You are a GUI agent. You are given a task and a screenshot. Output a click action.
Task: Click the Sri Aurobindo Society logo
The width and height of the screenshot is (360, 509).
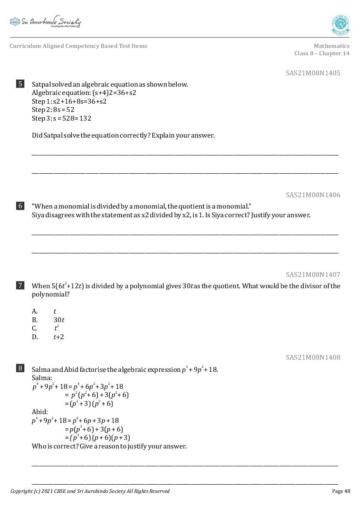click(45, 22)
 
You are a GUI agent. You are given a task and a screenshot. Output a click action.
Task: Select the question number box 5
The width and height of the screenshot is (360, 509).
click(20, 84)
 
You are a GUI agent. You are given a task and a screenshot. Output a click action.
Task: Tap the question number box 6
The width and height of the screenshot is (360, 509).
click(20, 206)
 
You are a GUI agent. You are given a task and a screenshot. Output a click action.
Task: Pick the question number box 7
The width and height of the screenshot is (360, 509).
click(20, 286)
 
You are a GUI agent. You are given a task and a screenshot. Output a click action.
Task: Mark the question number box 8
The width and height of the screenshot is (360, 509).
click(20, 369)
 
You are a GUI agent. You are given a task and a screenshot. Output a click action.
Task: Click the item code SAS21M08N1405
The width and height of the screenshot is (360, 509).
click(313, 73)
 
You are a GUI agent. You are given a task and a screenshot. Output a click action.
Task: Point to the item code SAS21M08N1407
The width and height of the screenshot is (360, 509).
click(313, 274)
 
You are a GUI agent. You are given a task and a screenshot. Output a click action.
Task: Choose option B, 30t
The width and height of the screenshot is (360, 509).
click(59, 320)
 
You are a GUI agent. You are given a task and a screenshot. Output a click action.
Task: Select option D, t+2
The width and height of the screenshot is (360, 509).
click(59, 337)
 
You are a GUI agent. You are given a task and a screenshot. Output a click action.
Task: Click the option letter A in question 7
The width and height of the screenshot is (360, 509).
click(34, 311)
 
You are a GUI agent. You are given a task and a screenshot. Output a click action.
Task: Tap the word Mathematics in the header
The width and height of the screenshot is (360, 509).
click(331, 46)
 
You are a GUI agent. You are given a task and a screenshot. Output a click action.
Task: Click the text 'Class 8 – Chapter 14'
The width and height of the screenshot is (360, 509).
click(322, 54)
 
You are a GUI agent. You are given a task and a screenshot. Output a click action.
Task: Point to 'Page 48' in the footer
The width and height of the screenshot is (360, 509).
click(341, 491)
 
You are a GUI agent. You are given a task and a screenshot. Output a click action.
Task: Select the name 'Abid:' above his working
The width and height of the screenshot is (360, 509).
click(40, 412)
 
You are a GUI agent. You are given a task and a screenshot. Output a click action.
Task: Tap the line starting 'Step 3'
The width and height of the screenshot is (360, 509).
click(61, 118)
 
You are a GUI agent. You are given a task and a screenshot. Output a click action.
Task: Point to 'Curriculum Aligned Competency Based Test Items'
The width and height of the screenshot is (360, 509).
click(78, 46)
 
